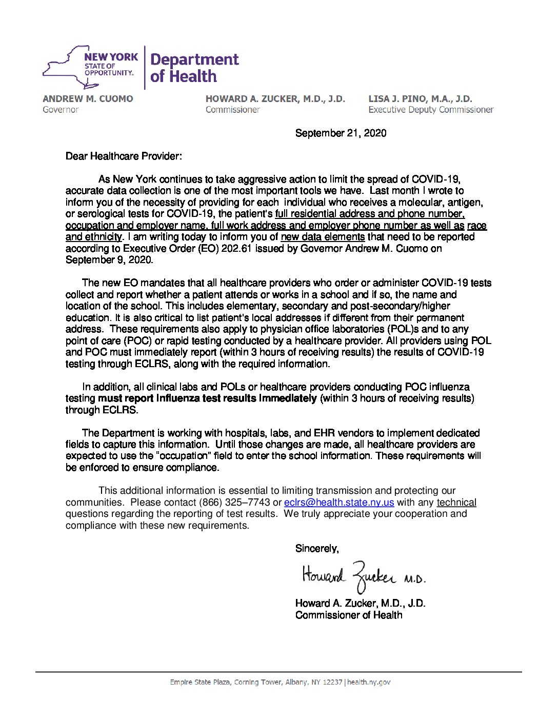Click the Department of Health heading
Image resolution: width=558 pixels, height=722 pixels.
coord(194,68)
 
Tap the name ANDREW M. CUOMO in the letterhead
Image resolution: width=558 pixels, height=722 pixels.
coord(88,99)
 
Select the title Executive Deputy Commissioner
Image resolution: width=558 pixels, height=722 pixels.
coord(431,110)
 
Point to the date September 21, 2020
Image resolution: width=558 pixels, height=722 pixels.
coord(341,133)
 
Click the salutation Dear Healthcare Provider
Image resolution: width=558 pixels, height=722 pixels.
coord(124,156)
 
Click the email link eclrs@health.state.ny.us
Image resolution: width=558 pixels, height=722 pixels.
coord(339,503)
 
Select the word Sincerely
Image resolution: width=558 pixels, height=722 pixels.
coord(317,549)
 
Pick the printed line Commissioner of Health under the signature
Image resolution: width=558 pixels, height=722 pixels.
coord(349,615)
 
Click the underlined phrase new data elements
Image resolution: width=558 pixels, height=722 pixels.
coord(323,237)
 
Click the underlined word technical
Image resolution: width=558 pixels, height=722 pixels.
coord(456,503)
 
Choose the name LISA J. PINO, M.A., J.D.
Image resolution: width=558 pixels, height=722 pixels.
coord(420,99)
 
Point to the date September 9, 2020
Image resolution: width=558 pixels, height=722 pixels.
coord(109,260)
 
